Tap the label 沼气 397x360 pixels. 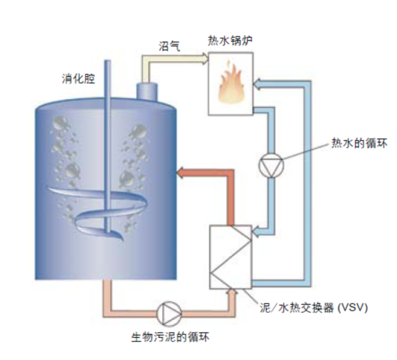tap(169, 45)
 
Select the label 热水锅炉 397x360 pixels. tap(232, 41)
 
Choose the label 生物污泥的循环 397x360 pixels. tap(170, 337)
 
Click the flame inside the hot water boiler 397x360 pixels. tap(230, 86)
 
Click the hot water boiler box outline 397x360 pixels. tap(210, 83)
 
